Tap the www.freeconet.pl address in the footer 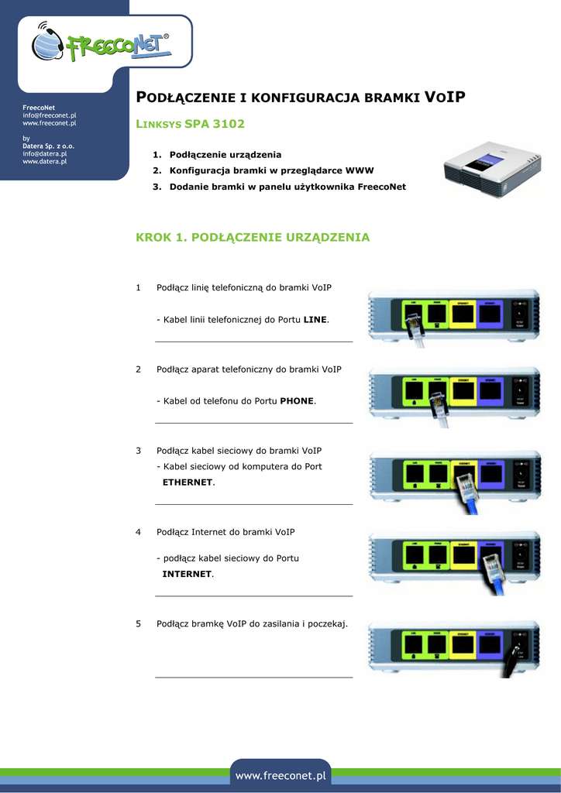tap(280, 775)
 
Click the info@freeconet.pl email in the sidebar tap(49, 115)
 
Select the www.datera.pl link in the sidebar tap(44, 161)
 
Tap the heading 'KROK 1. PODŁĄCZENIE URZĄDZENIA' tap(253, 237)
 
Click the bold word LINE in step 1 tap(315, 319)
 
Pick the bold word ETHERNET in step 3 tap(187, 482)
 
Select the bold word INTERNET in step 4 tap(186, 574)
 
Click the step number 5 tap(138, 623)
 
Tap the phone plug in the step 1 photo tap(415, 329)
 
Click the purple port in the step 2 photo tap(489, 394)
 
